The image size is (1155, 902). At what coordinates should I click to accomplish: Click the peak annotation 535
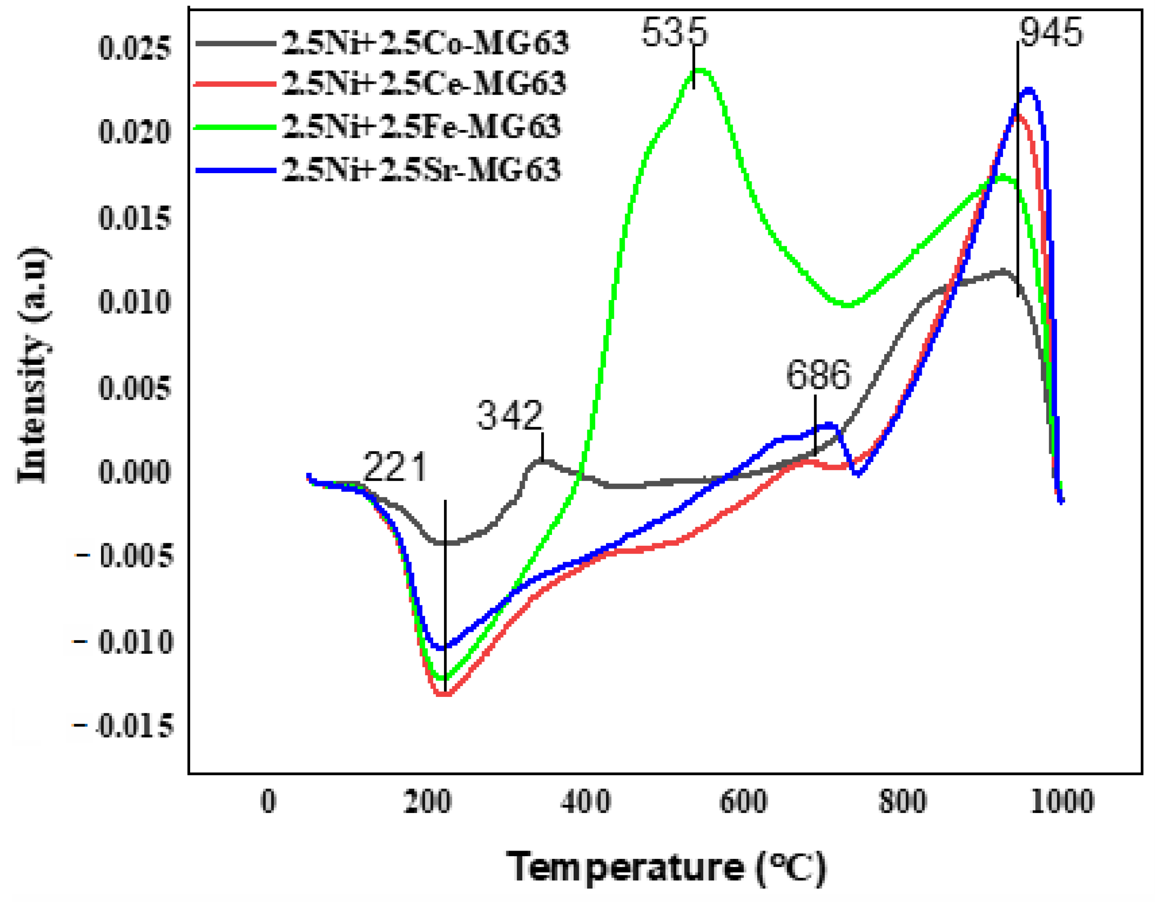(674, 33)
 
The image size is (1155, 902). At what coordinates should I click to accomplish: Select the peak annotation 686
(818, 375)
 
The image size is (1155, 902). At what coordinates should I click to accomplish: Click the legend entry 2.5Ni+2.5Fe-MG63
(422, 127)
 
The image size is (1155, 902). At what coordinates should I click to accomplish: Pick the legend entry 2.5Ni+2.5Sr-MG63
(422, 170)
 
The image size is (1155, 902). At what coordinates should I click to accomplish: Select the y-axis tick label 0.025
(134, 49)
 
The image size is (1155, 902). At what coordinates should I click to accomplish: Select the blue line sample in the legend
(236, 170)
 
